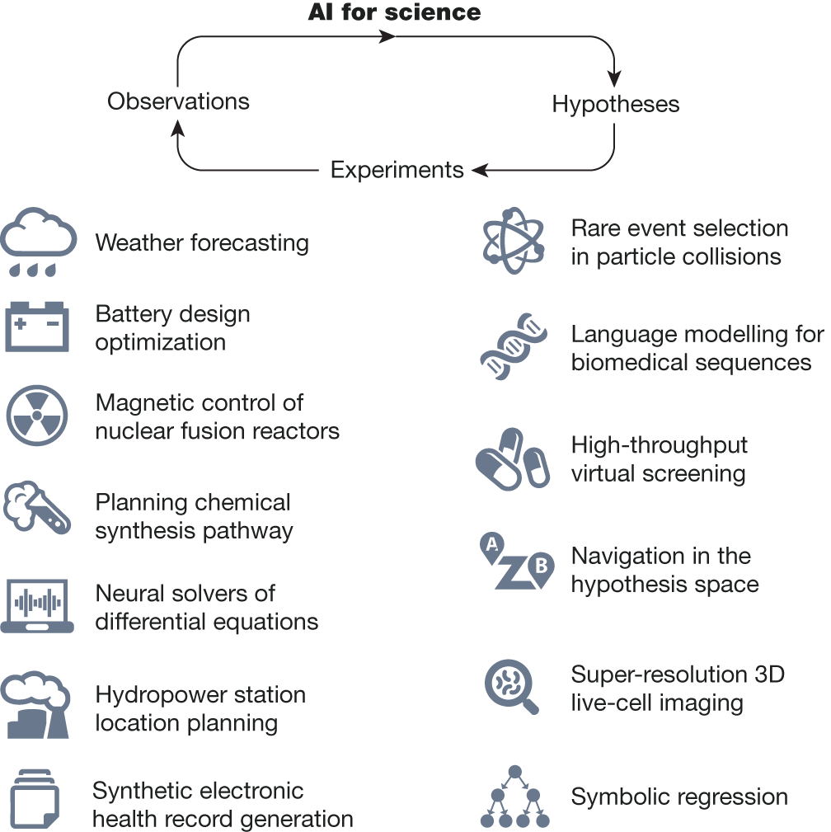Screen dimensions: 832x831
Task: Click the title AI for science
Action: tap(394, 12)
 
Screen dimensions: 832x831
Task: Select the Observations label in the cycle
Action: tap(178, 101)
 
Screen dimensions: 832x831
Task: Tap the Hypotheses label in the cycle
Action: tap(616, 105)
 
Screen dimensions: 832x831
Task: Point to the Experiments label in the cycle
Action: tap(397, 170)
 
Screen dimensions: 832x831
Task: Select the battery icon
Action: tap(38, 327)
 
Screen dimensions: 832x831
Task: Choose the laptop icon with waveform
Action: tap(38, 604)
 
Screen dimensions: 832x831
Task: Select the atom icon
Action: tap(513, 242)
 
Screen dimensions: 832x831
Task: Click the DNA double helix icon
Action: tap(513, 345)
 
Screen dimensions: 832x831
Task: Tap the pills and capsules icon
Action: tap(512, 460)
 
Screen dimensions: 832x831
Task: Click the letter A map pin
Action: tap(492, 546)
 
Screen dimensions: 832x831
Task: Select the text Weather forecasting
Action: tap(202, 243)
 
